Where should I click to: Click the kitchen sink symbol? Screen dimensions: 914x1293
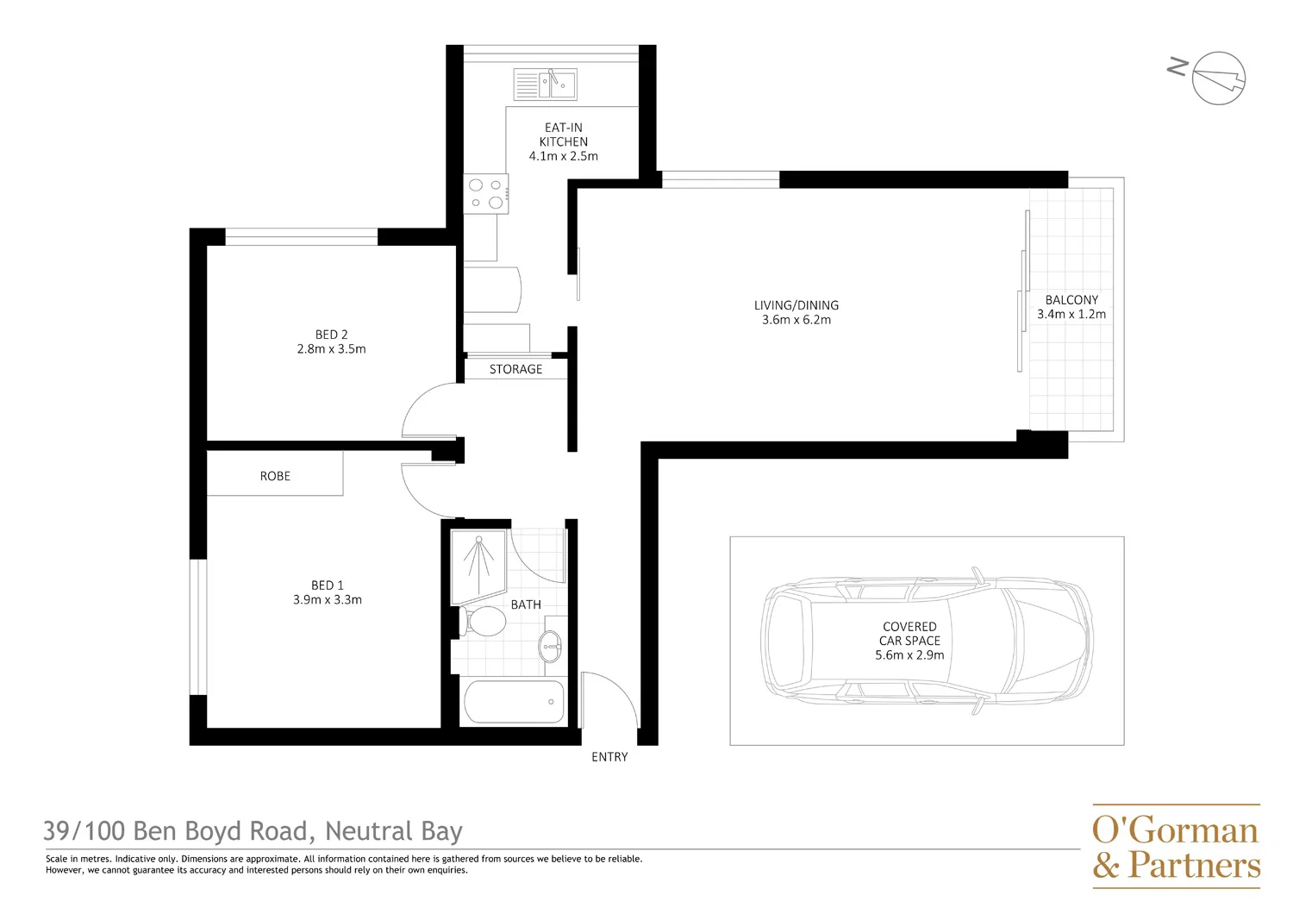[x=546, y=85]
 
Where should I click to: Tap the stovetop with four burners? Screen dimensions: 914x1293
[x=486, y=194]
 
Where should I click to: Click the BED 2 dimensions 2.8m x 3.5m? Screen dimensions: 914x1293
[x=331, y=349]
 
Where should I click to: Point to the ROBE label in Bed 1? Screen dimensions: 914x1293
[x=275, y=476]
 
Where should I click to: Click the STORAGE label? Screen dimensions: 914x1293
[x=515, y=369]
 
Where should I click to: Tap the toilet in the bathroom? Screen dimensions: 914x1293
[x=484, y=622]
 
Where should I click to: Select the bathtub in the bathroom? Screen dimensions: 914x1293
[x=515, y=702]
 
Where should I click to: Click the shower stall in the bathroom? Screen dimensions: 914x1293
[x=478, y=566]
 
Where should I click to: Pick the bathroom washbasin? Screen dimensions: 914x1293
[x=551, y=645]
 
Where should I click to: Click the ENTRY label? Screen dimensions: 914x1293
[x=609, y=757]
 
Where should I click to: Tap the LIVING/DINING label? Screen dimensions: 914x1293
[x=796, y=305]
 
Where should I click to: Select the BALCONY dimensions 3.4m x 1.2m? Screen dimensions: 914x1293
[x=1071, y=315]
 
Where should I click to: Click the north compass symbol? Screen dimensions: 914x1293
[x=1217, y=78]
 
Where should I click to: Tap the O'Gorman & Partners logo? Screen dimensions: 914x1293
[x=1176, y=846]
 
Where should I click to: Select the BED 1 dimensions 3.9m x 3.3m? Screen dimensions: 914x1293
[x=328, y=600]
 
